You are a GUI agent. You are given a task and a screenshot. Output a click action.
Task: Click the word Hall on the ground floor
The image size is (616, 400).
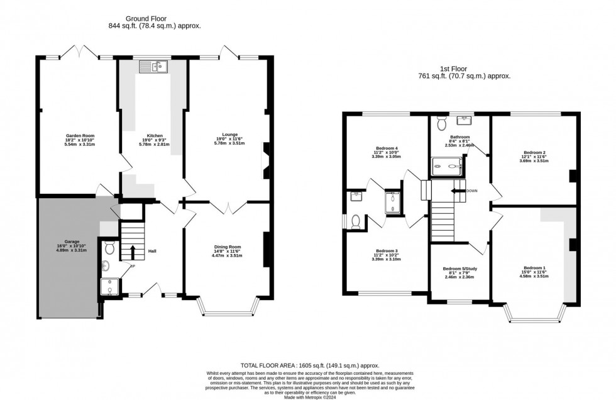pyautogui.click(x=152, y=251)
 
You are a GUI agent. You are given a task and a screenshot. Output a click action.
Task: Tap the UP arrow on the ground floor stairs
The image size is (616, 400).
pyautogui.click(x=133, y=253)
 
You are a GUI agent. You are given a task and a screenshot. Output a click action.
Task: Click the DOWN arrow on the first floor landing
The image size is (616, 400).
pyautogui.click(x=456, y=191)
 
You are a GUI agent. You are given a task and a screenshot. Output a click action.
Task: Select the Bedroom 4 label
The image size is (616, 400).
pyautogui.click(x=386, y=149)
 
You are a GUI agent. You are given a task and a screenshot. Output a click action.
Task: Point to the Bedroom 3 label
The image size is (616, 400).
pyautogui.click(x=386, y=250)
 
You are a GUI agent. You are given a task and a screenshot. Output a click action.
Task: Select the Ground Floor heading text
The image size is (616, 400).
pyautogui.click(x=154, y=18)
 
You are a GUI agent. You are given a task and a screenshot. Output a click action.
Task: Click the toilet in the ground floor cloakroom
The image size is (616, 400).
pyautogui.click(x=109, y=247)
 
